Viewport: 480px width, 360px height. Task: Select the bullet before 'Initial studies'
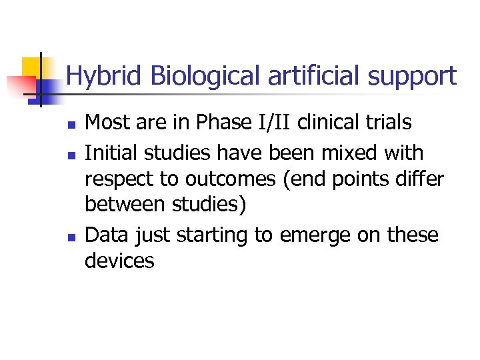(70, 154)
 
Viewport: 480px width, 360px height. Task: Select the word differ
(419, 179)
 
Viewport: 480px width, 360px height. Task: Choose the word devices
(119, 261)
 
